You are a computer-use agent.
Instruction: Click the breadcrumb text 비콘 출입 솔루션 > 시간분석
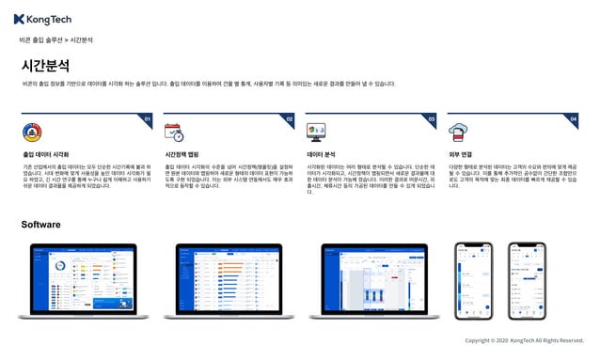(x=55, y=40)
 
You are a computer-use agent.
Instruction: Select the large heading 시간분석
(x=44, y=66)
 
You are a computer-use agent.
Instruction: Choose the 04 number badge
(x=574, y=119)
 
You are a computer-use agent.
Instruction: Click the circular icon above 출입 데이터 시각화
(x=31, y=132)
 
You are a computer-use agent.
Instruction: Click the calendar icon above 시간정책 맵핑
(x=173, y=132)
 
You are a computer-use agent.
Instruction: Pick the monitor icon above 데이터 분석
(x=316, y=132)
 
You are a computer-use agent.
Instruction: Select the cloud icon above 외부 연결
(x=458, y=132)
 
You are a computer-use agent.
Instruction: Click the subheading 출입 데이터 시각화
(x=45, y=153)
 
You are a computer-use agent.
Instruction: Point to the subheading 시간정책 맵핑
(x=182, y=153)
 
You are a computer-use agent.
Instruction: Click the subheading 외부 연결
(x=460, y=153)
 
